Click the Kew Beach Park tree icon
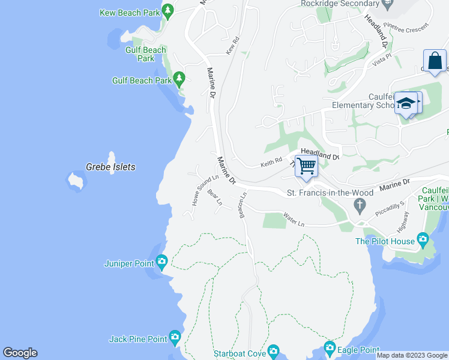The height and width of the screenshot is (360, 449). coord(168,11)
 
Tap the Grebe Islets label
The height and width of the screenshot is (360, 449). coord(110,167)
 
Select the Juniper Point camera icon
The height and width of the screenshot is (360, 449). coord(161,262)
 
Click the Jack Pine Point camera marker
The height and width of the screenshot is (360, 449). coord(175,338)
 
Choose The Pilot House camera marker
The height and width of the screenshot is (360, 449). coord(423,241)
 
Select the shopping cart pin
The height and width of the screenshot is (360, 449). coord(307,166)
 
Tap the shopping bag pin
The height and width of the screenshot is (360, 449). coord(435,61)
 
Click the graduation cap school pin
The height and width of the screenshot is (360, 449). coord(406,103)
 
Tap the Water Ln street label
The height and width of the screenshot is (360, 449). coord(294,220)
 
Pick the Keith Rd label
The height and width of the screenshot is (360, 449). coord(271,162)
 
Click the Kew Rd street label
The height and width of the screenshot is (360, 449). coord(233,46)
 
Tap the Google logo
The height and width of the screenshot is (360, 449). coord(20,353)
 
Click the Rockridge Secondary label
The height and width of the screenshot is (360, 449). coord(339,4)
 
